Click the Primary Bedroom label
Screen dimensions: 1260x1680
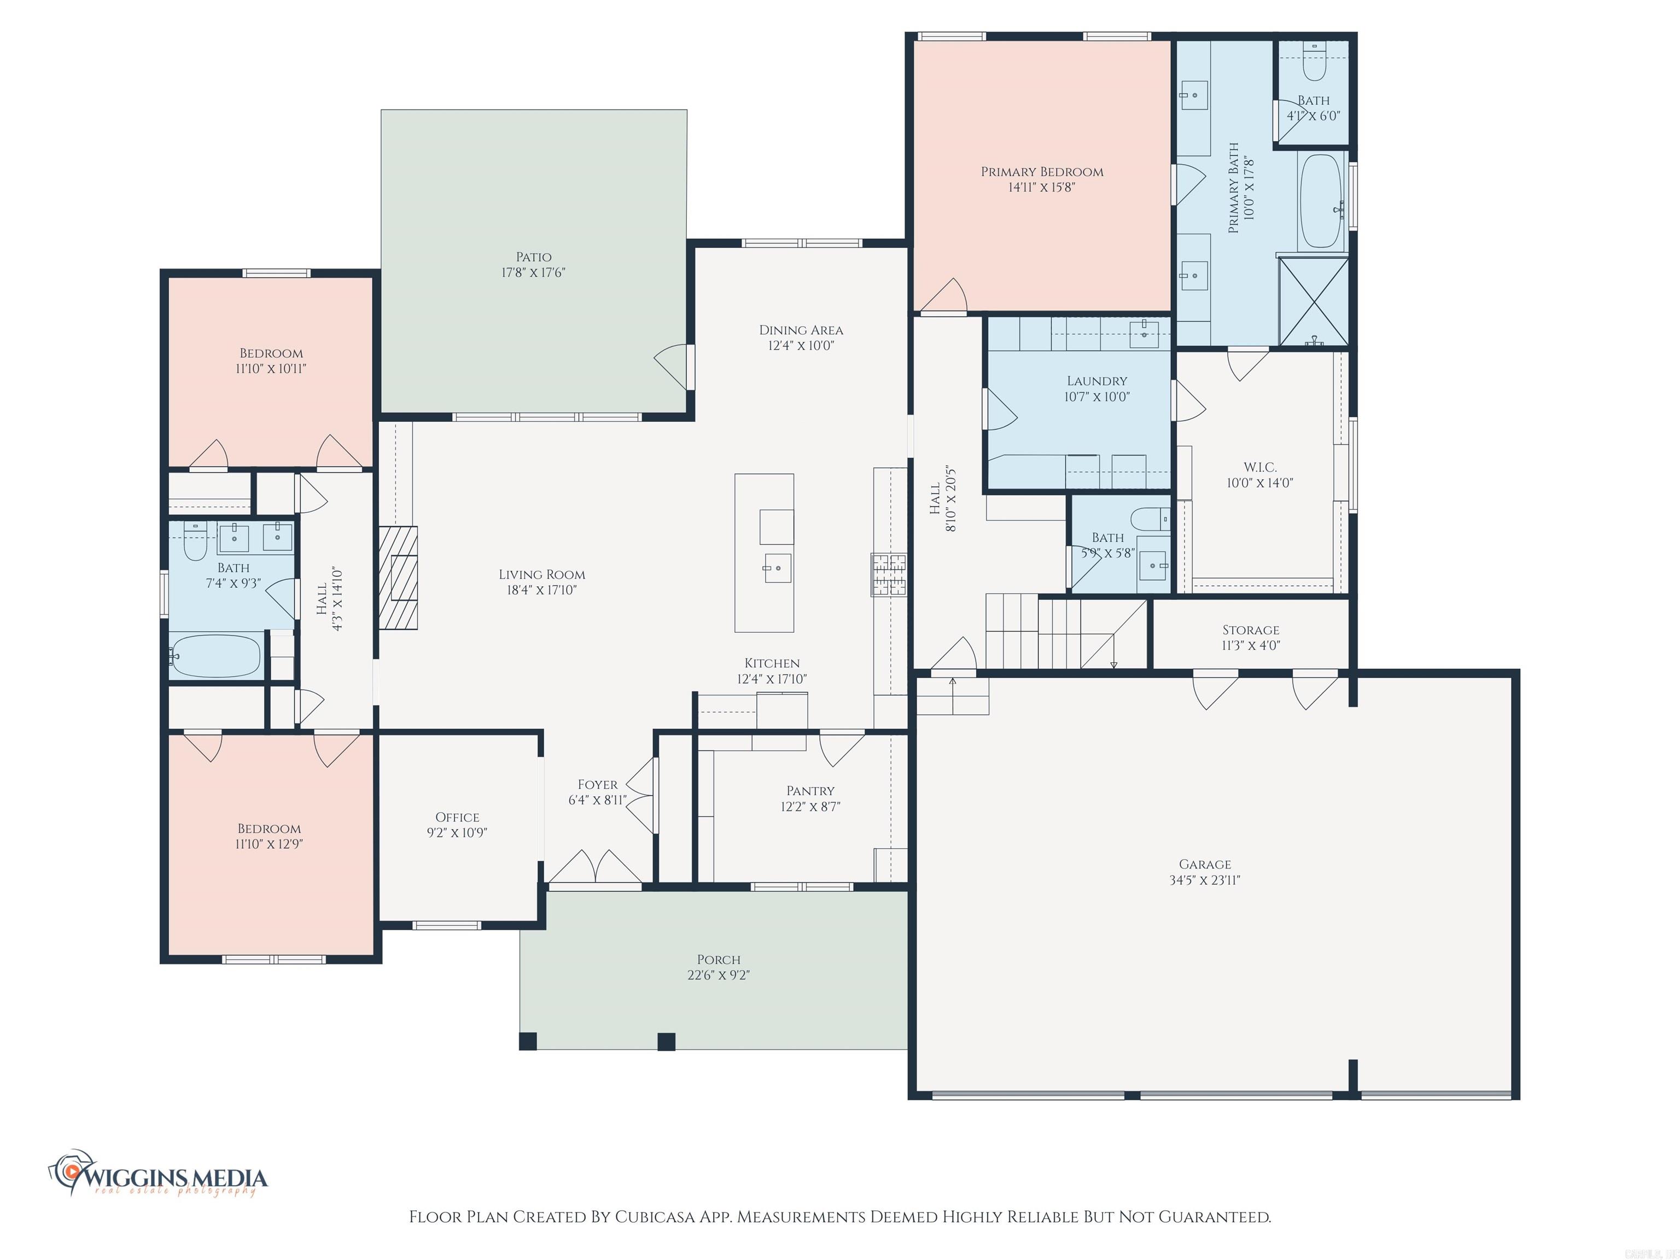point(1041,172)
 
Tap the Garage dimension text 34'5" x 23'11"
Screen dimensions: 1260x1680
point(1205,880)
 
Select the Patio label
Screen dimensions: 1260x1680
point(533,256)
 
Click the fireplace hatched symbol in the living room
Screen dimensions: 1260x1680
point(399,577)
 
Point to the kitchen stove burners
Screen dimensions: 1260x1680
point(889,575)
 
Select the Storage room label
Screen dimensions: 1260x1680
point(1250,629)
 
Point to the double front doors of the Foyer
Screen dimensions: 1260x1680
point(594,867)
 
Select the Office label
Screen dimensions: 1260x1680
point(457,817)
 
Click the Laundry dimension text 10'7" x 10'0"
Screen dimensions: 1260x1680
point(1096,396)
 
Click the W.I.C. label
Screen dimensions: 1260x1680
point(1259,467)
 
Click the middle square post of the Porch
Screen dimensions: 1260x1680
point(666,1041)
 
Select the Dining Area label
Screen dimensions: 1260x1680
point(801,330)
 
